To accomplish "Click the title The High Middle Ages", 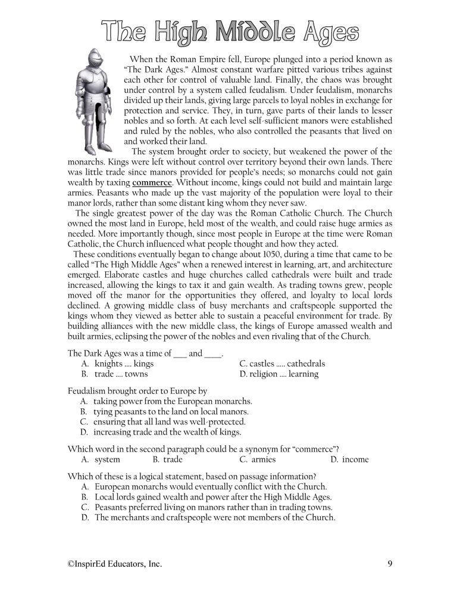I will click(x=229, y=32).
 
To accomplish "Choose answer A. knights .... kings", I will click(x=117, y=364).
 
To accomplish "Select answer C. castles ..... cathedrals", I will click(x=282, y=364).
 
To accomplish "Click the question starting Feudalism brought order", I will click(x=137, y=391).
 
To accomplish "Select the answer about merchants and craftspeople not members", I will click(x=208, y=517).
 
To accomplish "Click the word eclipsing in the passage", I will click(x=154, y=336).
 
